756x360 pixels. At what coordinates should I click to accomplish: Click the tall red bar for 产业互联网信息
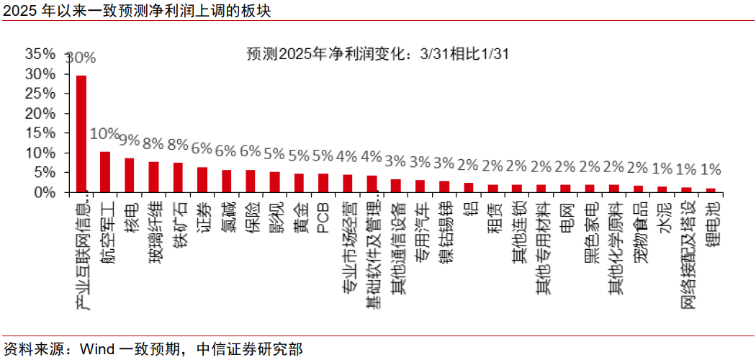81,134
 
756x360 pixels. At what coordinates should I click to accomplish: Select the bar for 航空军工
105,172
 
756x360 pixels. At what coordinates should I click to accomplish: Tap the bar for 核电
130,175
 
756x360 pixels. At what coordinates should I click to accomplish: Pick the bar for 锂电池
711,191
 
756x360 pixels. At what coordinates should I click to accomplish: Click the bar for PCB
323,183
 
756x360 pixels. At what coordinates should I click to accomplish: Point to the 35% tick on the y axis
40,54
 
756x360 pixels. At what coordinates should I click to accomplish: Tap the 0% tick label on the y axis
45,193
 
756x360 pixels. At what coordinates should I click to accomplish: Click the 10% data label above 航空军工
105,134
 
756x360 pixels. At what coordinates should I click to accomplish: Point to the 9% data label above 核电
130,140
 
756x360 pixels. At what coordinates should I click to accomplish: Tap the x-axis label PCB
323,217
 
